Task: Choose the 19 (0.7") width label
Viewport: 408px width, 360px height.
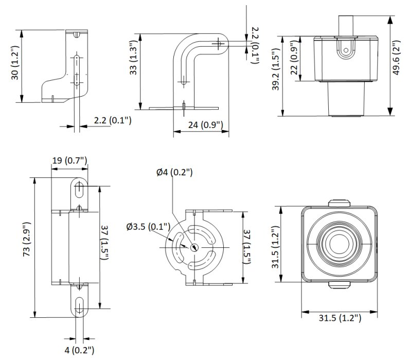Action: (69, 160)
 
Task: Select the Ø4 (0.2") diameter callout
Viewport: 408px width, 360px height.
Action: (174, 172)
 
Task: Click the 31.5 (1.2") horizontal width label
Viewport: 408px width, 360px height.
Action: (338, 318)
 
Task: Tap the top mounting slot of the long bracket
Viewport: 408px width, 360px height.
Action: (80, 189)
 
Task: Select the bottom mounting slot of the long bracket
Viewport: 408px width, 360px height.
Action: (80, 308)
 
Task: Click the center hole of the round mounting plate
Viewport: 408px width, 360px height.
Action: (194, 246)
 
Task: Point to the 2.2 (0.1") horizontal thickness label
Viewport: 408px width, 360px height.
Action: (113, 120)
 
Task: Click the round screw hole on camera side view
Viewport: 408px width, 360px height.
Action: (346, 51)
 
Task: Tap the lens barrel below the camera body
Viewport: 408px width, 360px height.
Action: (346, 100)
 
